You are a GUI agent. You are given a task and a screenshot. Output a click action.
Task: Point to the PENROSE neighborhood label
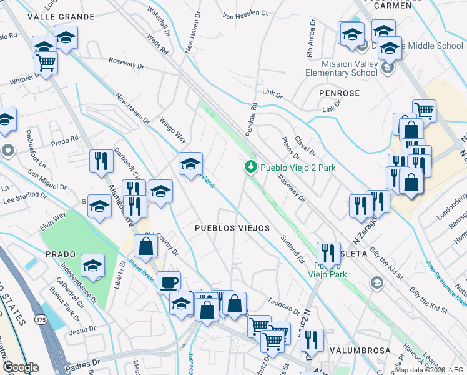pyautogui.click(x=339, y=92)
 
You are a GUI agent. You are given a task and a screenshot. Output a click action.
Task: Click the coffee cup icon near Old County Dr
pyautogui.click(x=168, y=282)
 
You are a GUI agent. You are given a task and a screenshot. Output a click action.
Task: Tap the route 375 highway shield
pyautogui.click(x=40, y=320)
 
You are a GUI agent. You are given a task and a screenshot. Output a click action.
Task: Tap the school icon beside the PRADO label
pyautogui.click(x=92, y=266)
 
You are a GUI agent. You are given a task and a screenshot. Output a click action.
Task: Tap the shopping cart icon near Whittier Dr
pyautogui.click(x=46, y=62)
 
